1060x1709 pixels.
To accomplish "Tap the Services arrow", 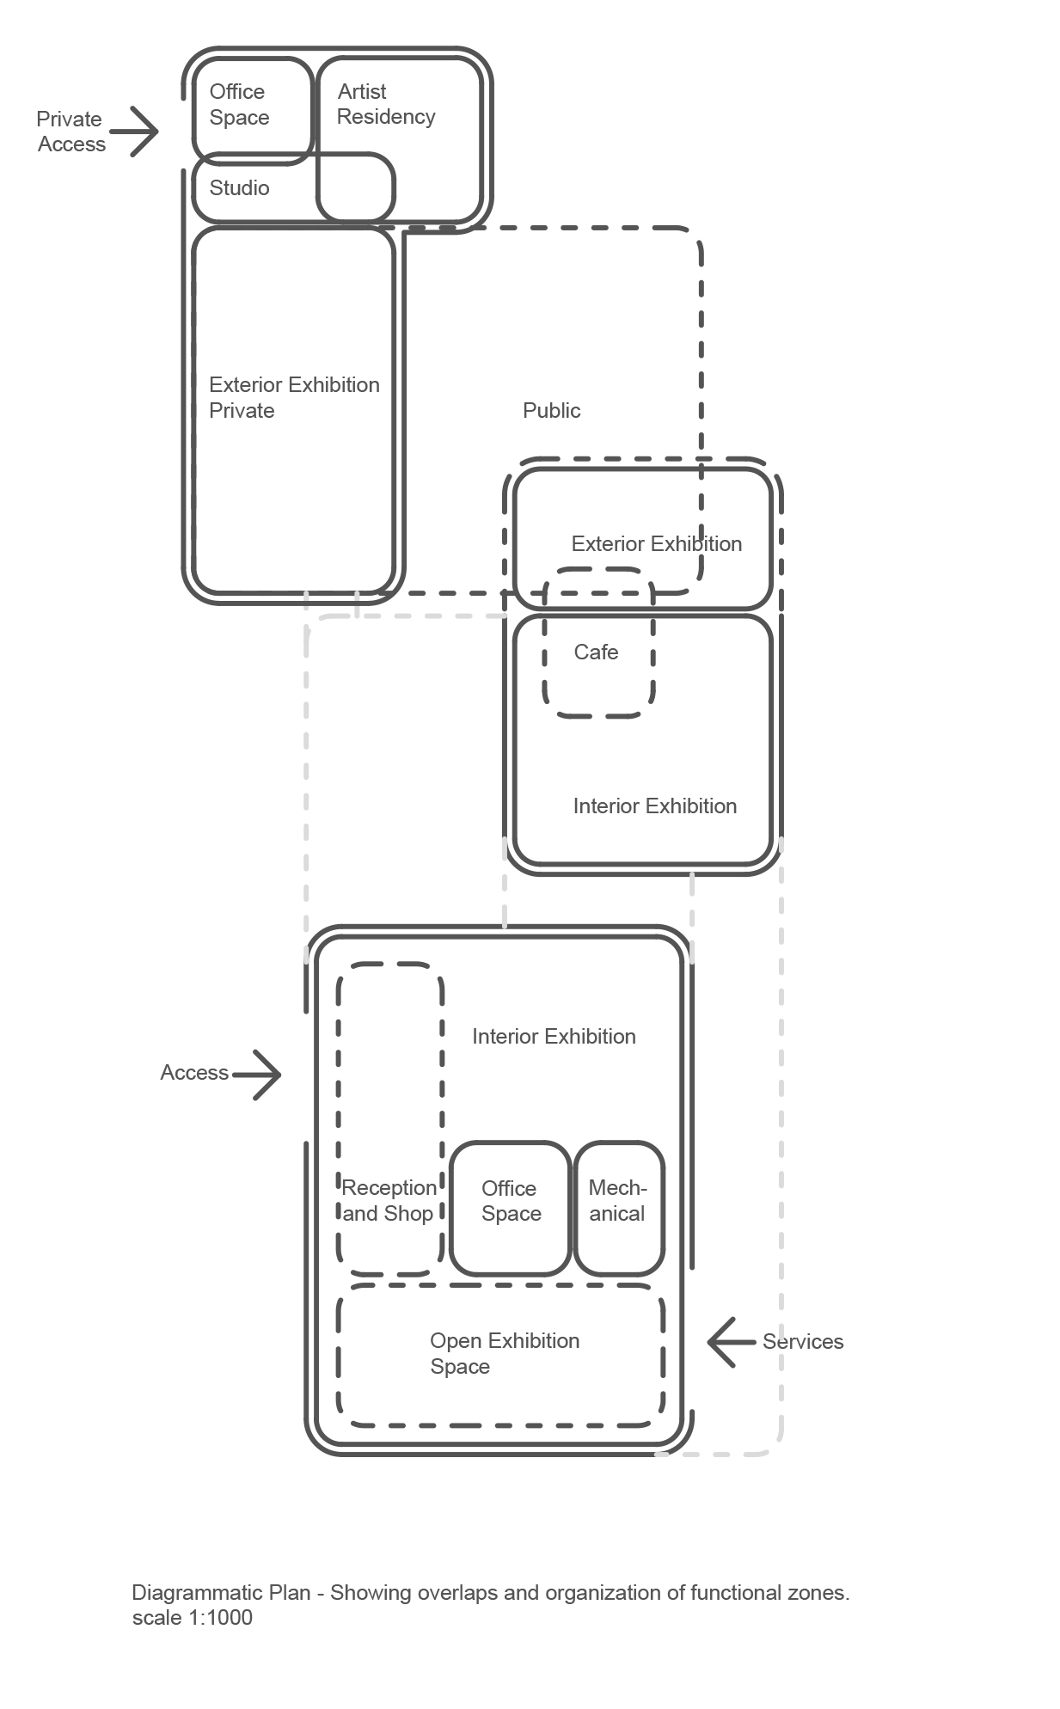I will pyautogui.click(x=730, y=1342).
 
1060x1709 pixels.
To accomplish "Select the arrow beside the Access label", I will pyautogui.click(x=257, y=1074).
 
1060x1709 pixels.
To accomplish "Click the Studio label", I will pyautogui.click(x=239, y=188).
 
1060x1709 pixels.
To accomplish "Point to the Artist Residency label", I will pyautogui.click(x=385, y=104).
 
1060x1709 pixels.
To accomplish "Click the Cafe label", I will pyautogui.click(x=596, y=652).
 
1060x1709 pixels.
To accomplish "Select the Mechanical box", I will pyautogui.click(x=618, y=1208).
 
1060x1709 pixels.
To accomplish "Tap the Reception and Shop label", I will pyautogui.click(x=389, y=1201).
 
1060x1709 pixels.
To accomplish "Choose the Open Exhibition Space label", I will pyautogui.click(x=505, y=1354).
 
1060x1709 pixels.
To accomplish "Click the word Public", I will pyautogui.click(x=551, y=411).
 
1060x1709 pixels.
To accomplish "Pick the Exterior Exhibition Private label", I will pyautogui.click(x=294, y=397).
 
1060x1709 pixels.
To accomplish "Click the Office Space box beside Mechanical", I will pyautogui.click(x=511, y=1208).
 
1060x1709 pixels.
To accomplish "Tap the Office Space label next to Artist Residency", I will pyautogui.click(x=239, y=105).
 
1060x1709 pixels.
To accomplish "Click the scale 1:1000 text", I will pyautogui.click(x=193, y=1618).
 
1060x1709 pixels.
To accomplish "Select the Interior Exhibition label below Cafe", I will pyautogui.click(x=654, y=806).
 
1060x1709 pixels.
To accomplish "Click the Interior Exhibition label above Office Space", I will pyautogui.click(x=554, y=1037).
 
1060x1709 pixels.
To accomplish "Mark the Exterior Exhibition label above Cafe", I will pyautogui.click(x=656, y=544).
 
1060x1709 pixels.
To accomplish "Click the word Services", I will pyautogui.click(x=803, y=1342).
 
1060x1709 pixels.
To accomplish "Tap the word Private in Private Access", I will pyautogui.click(x=69, y=119).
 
